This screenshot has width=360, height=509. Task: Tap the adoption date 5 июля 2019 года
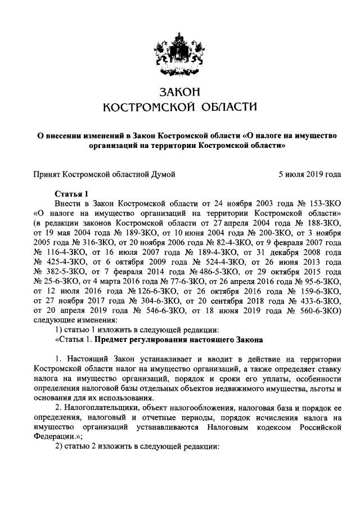[310, 175]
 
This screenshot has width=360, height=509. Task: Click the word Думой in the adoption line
[161, 175]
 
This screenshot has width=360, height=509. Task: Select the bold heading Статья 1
[72, 192]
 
